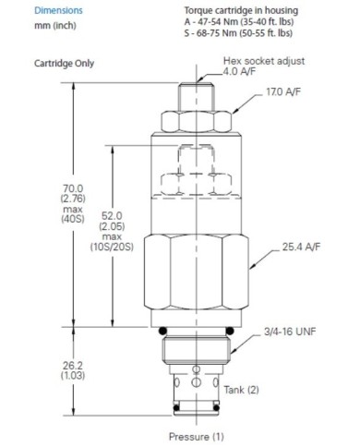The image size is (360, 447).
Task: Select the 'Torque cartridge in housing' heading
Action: pyautogui.click(x=237, y=11)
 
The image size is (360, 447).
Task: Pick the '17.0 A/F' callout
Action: pyautogui.click(x=286, y=93)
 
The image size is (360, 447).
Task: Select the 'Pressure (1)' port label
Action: pyautogui.click(x=197, y=436)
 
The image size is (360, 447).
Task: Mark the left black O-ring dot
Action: pyautogui.click(x=162, y=332)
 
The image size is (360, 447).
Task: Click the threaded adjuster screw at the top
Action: pyautogui.click(x=197, y=95)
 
